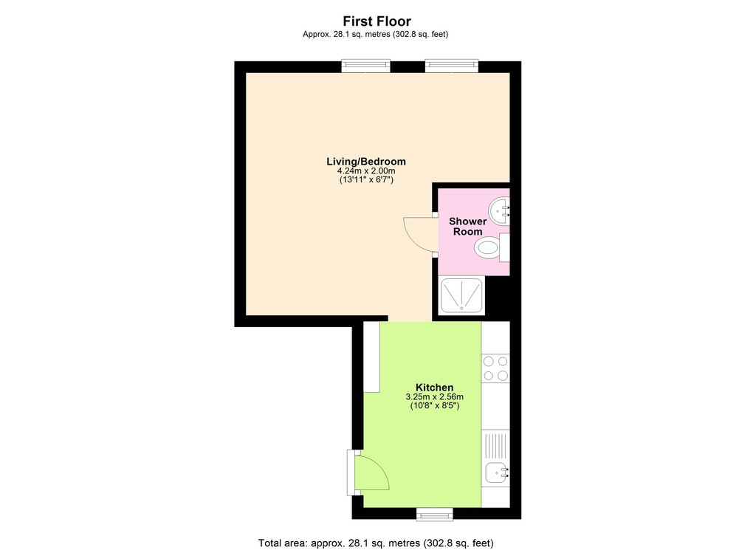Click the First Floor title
click(377, 21)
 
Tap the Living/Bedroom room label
click(366, 162)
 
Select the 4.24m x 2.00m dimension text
click(366, 171)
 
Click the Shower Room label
click(467, 227)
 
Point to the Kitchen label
click(434, 388)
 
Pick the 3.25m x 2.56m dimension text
click(434, 397)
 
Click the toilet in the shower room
click(488, 247)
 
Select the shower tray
click(461, 296)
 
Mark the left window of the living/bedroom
click(365, 67)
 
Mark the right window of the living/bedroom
click(452, 67)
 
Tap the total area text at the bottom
click(377, 543)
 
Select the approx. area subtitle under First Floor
click(377, 34)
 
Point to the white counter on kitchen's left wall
click(371, 357)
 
